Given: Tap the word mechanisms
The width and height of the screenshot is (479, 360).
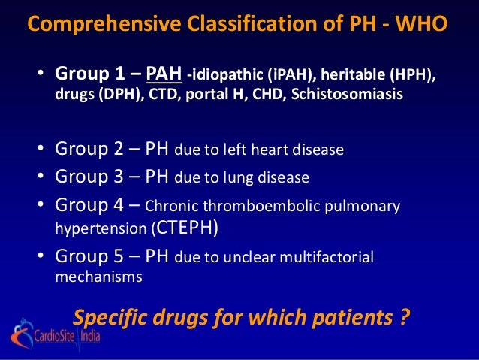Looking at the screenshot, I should tap(98, 277).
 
